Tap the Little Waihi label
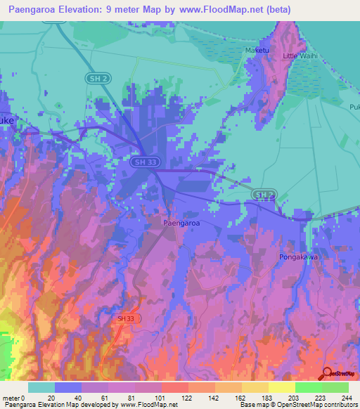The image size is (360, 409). click(300, 56)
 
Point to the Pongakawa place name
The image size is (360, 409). click(299, 257)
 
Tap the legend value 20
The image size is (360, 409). click(55, 397)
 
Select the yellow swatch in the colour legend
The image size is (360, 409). click(281, 387)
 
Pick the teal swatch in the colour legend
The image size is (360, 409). click(41, 387)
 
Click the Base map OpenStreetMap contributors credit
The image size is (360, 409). click(298, 405)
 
